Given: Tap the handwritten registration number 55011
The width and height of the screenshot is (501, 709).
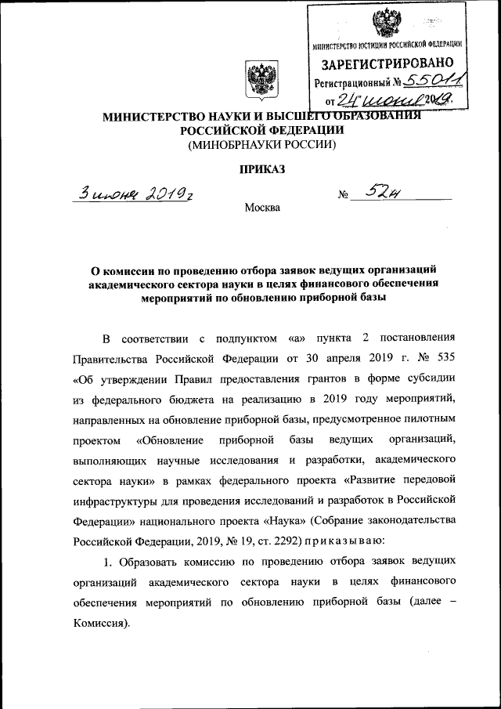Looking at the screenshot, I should [x=431, y=80].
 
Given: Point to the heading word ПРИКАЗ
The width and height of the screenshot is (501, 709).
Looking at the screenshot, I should [x=260, y=168].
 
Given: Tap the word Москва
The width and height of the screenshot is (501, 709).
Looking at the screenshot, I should [x=261, y=208].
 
